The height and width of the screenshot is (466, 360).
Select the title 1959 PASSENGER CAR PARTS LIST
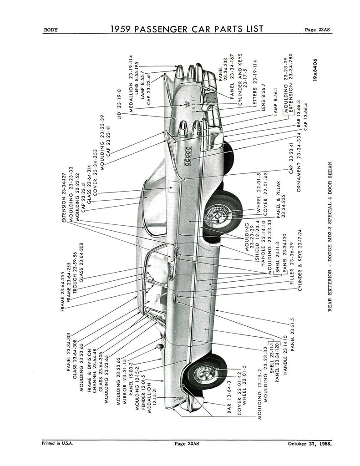pos(187,29)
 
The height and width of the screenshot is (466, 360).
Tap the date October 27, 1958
pos(309,443)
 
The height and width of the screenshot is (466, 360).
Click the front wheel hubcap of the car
pos(202,375)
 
